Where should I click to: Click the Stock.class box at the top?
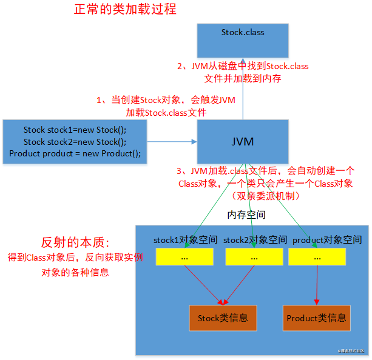(243, 41)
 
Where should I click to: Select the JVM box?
(243, 142)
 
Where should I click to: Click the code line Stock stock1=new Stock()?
(75, 130)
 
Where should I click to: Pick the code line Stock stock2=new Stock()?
(75, 142)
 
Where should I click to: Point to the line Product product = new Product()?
(75, 153)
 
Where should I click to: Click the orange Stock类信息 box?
(218, 318)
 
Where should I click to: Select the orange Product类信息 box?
(317, 318)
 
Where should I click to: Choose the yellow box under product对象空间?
(317, 256)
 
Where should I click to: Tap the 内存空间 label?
(246, 215)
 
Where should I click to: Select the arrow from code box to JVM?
(171, 142)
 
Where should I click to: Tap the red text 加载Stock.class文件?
(166, 112)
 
